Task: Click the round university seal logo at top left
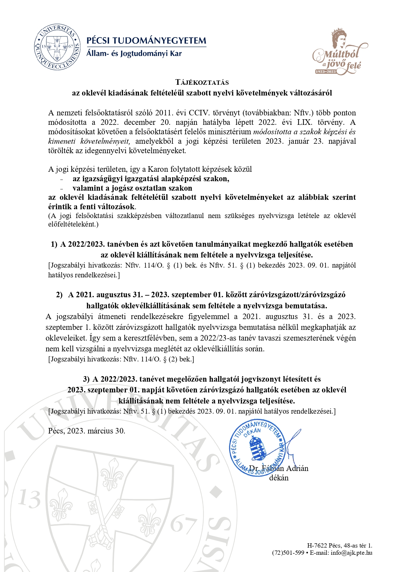(58, 47)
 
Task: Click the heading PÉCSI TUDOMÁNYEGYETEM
(146, 41)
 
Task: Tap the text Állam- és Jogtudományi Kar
(134, 53)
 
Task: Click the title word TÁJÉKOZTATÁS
(202, 82)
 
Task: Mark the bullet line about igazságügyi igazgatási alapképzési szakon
(151, 179)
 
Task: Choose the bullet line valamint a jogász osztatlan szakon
(132, 188)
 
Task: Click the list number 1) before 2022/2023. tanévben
(54, 244)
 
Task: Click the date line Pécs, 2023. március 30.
(87, 431)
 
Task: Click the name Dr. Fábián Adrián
(279, 468)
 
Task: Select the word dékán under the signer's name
(279, 478)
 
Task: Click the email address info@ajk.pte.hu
(352, 552)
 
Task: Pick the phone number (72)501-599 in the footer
(288, 552)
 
